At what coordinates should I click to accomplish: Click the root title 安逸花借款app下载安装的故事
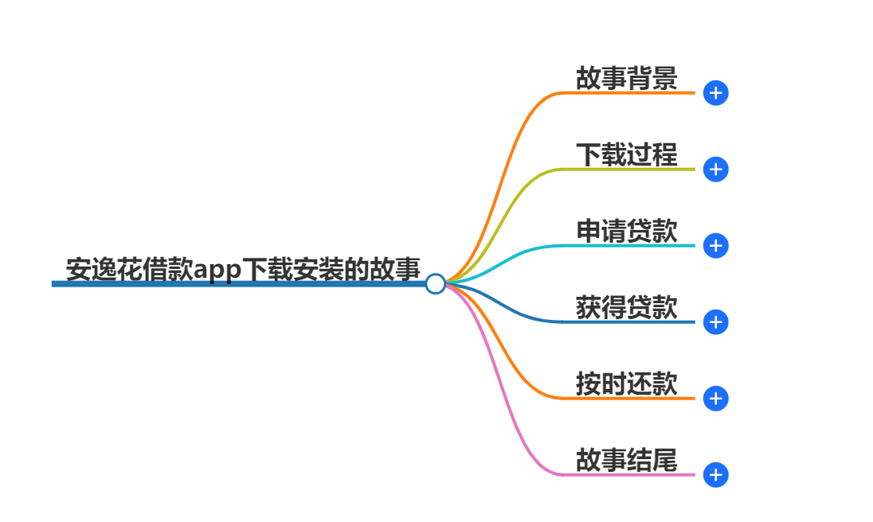click(243, 269)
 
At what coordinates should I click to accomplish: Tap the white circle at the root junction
click(435, 283)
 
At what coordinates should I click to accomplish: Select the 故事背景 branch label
click(626, 78)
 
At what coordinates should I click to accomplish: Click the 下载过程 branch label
click(626, 154)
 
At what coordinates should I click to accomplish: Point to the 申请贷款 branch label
click(626, 231)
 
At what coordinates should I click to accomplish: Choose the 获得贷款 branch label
click(626, 307)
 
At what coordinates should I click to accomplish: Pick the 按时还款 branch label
click(626, 384)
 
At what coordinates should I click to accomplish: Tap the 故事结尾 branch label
click(626, 460)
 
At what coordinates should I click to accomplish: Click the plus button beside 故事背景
click(716, 93)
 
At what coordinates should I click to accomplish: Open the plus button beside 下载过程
click(716, 169)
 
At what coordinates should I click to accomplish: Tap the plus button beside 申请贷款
click(716, 246)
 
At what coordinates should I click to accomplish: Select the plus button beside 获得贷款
click(716, 322)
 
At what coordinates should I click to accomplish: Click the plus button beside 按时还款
click(716, 399)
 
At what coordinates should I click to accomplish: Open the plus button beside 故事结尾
click(716, 475)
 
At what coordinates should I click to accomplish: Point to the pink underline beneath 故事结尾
click(629, 474)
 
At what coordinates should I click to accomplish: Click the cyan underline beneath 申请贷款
click(629, 245)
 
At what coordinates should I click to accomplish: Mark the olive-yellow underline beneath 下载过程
click(629, 169)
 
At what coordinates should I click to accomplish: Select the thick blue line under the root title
click(239, 284)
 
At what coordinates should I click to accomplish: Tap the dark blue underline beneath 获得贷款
click(629, 321)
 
